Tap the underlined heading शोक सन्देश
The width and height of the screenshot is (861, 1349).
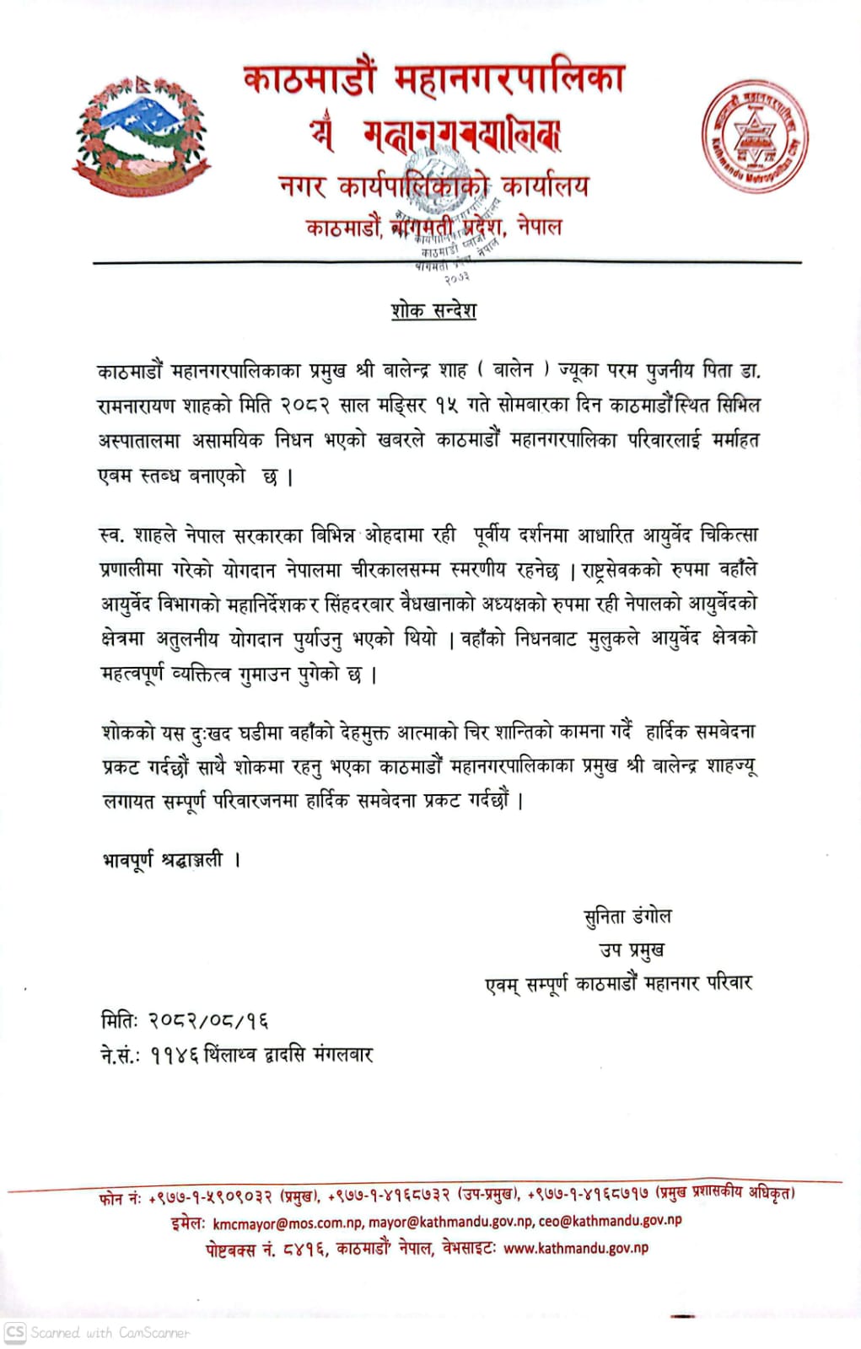click(x=433, y=310)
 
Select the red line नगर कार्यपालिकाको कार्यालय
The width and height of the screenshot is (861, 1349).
click(x=433, y=186)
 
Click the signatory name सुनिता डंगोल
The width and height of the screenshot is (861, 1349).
click(x=627, y=916)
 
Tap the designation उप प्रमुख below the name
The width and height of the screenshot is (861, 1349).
click(x=632, y=950)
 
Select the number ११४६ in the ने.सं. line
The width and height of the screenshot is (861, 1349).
click(x=174, y=1055)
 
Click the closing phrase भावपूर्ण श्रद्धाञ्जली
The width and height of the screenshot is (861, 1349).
click(x=163, y=860)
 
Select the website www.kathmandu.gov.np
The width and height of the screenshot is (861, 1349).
click(x=576, y=1248)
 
